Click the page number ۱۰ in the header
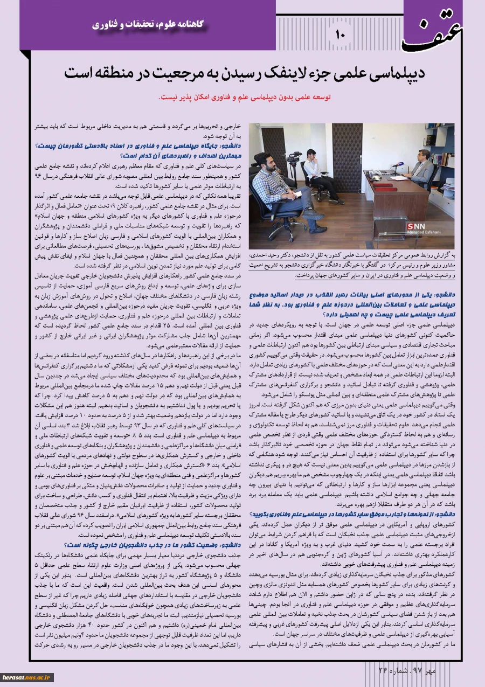pos(339,34)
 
